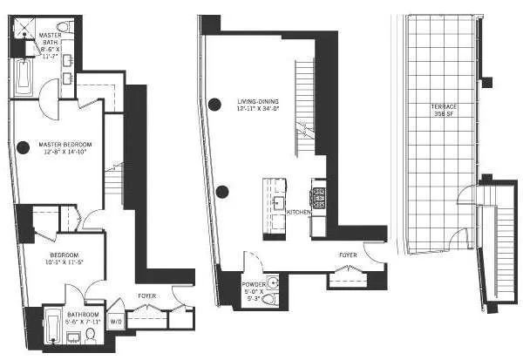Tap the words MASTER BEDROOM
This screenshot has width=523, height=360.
[x=65, y=145]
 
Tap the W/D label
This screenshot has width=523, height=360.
[x=117, y=322]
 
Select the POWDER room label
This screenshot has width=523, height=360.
[x=255, y=284]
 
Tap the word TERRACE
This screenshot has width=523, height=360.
[x=443, y=106]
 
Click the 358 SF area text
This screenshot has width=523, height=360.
[x=443, y=114]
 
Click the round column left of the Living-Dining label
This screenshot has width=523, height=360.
[x=222, y=192]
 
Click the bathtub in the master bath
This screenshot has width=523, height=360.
[x=23, y=73]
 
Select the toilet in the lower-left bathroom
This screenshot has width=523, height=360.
[x=91, y=336]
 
